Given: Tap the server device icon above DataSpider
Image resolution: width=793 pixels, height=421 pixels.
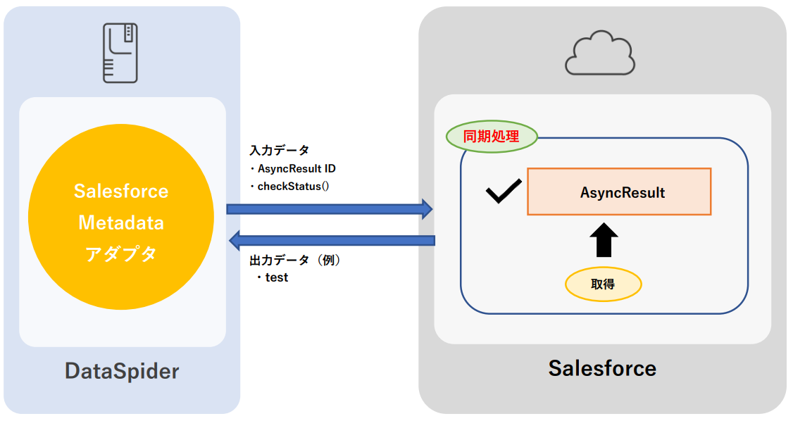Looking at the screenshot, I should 120,53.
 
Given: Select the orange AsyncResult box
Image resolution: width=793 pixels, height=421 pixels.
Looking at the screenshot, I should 619,191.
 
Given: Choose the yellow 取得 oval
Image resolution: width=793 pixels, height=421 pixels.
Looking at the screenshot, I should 603,284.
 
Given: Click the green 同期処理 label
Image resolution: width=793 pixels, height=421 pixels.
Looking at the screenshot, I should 492,137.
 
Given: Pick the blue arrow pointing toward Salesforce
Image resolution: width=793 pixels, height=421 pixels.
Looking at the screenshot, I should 329,208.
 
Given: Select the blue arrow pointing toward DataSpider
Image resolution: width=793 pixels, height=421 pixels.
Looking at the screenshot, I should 332,240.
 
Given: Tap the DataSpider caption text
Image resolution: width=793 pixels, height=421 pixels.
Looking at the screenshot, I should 122,371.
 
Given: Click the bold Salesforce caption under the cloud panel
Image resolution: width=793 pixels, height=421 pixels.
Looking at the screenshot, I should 602,367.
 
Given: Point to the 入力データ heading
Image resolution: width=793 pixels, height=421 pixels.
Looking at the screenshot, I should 280,151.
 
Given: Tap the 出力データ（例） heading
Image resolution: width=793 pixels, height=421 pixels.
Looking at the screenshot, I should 296,260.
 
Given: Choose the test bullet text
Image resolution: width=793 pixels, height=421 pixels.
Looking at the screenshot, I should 276,277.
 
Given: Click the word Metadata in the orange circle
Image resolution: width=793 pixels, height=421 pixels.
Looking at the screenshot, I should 121,222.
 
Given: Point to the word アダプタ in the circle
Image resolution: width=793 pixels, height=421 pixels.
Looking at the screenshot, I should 121,254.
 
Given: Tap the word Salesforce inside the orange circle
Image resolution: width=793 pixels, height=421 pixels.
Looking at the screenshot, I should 121,191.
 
